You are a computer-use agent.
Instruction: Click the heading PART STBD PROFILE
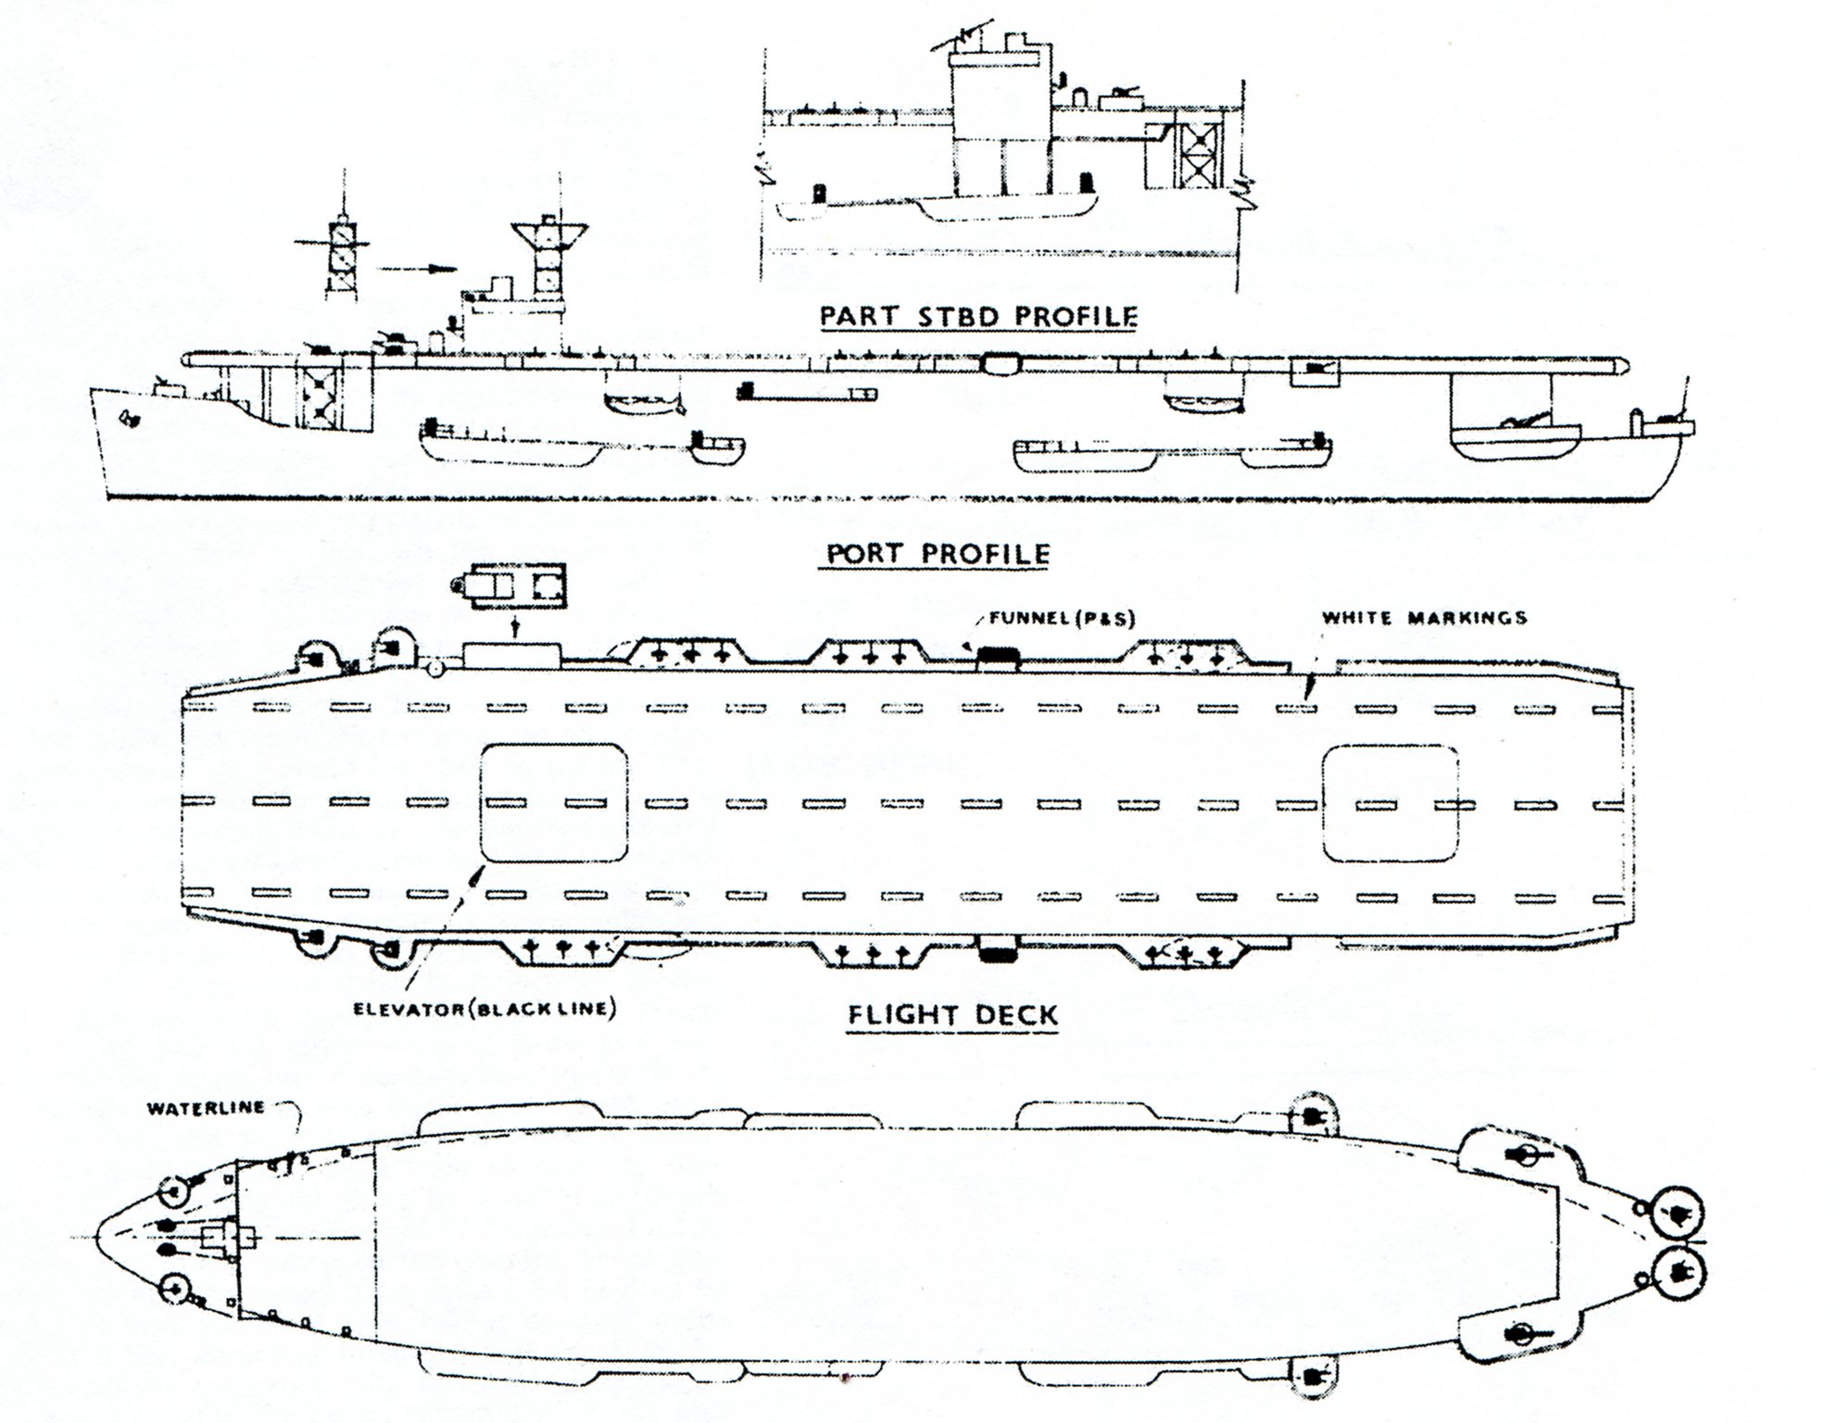coord(977,316)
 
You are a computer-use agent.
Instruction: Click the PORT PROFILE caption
coord(938,554)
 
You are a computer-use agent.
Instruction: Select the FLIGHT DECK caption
coord(952,1014)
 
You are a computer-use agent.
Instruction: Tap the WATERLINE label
coord(206,1107)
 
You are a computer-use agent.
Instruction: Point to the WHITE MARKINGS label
coord(1424,617)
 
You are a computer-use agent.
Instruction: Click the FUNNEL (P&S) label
coord(1061,618)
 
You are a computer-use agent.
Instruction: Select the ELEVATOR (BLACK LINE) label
coord(485,1008)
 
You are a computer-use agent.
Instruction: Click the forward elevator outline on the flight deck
coord(553,802)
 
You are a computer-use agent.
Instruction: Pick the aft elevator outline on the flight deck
coord(1390,802)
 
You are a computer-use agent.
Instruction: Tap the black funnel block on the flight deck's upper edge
coord(999,655)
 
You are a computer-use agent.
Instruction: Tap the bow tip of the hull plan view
coord(100,1239)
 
